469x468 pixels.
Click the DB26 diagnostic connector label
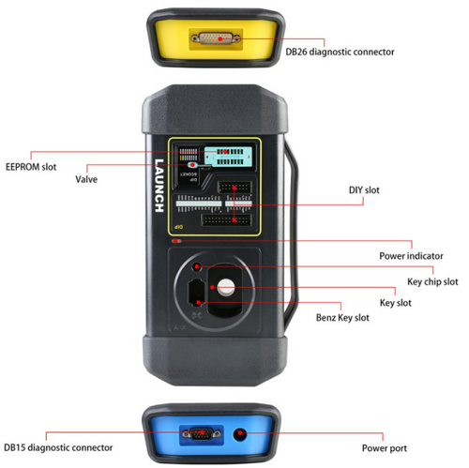(x=340, y=52)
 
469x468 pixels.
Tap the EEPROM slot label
(x=31, y=167)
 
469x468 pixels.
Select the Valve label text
(x=86, y=179)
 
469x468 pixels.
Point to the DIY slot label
(x=364, y=190)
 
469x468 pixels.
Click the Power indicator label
(x=411, y=256)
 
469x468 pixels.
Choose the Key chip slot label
(x=432, y=282)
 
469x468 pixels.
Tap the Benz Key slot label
(x=342, y=318)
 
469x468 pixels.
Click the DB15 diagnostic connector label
(x=58, y=447)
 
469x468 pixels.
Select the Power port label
(x=385, y=448)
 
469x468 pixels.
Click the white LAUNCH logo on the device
(x=159, y=186)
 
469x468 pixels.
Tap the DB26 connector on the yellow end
(x=216, y=38)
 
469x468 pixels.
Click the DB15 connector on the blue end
(x=202, y=434)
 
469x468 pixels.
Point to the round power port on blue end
(x=240, y=434)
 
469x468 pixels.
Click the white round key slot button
(x=226, y=287)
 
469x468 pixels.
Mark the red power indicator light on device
(x=176, y=241)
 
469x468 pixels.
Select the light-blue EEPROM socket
(x=228, y=157)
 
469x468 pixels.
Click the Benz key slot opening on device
(x=196, y=292)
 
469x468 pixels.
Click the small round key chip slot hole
(x=197, y=266)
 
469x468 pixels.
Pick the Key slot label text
(x=396, y=303)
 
